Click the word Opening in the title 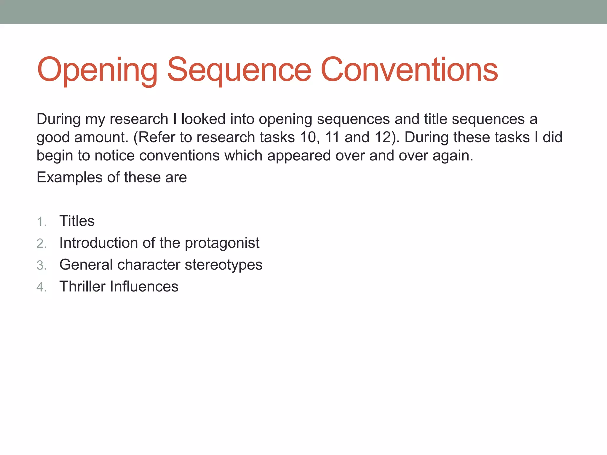97,70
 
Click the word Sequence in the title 239,70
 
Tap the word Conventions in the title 409,70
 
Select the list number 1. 41,222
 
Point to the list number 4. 41,287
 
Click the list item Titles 77,221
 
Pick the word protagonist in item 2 222,243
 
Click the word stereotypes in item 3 223,265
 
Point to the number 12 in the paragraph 383,137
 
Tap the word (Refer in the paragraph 154,137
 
